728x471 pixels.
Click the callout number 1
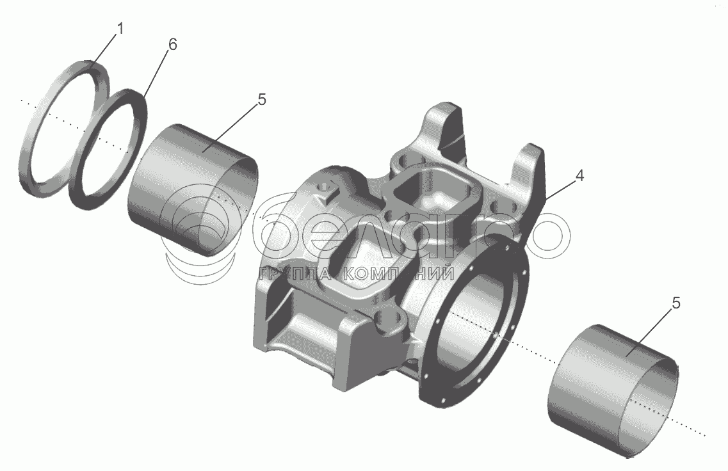click(120, 29)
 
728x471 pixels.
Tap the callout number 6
click(172, 45)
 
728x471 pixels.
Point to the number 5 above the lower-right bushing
click(676, 303)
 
